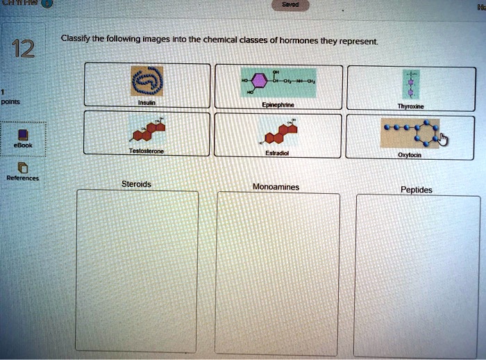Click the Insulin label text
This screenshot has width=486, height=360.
coord(146,101)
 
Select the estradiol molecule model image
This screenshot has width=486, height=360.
coord(278,131)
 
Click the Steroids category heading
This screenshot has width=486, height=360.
coord(136,184)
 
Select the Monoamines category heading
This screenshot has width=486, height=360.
coord(276,186)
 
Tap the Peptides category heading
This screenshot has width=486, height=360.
coord(417,189)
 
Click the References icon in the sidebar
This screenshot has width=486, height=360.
coord(23,167)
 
